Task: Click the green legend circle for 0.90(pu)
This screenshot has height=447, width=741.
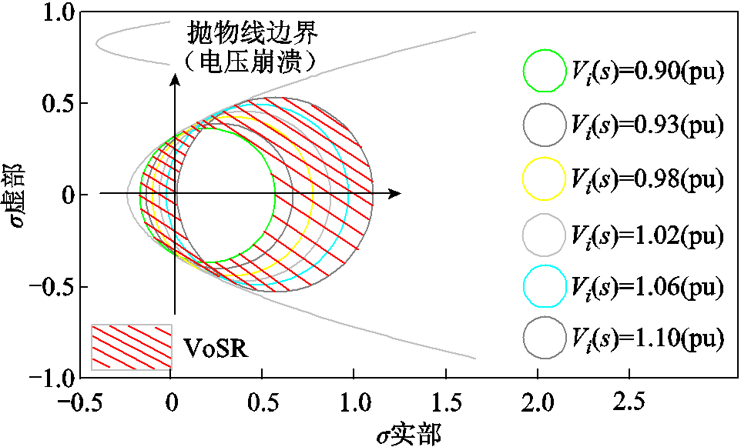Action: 545,69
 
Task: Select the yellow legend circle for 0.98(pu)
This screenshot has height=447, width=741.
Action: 545,178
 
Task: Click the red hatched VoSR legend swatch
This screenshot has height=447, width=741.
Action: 132,345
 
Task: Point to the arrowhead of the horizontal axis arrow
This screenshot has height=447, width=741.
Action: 395,194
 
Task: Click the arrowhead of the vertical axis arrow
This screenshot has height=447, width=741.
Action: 176,77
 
